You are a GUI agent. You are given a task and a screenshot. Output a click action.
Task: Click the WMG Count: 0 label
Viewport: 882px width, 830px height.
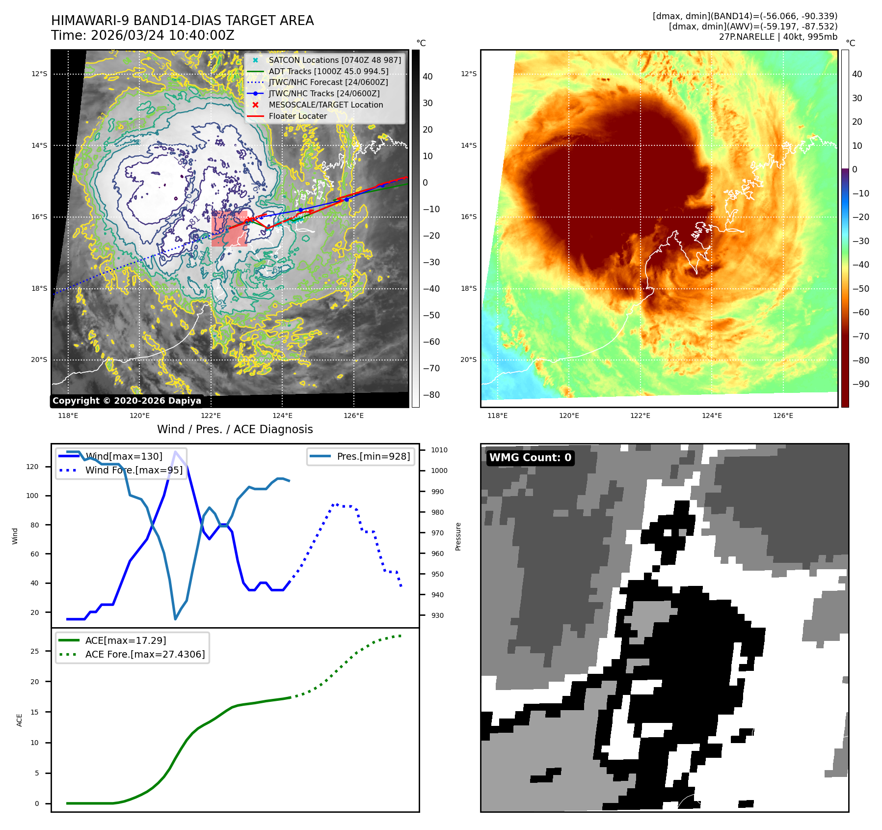[530, 458]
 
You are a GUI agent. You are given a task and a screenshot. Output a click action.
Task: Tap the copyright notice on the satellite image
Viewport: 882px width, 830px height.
[127, 401]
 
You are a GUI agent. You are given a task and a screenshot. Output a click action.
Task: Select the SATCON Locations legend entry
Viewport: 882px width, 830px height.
[334, 60]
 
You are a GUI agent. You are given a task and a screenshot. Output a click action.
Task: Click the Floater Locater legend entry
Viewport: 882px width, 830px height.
[297, 116]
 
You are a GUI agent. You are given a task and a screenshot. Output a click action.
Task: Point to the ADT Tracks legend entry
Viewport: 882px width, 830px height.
[328, 71]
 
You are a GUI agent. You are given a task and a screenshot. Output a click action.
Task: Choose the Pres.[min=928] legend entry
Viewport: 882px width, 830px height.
[373, 456]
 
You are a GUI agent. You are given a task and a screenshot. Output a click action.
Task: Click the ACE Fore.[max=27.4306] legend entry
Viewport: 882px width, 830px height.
[145, 654]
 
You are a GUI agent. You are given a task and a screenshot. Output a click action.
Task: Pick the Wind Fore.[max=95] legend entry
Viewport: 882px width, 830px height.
[134, 470]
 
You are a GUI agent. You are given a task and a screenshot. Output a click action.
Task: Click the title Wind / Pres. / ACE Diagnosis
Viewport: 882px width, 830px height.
[235, 429]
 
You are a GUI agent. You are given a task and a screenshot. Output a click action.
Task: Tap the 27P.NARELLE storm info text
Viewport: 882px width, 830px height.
[778, 37]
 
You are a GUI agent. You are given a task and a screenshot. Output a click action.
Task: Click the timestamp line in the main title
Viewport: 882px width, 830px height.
[143, 35]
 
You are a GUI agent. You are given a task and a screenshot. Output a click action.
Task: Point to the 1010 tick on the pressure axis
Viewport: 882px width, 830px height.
[439, 450]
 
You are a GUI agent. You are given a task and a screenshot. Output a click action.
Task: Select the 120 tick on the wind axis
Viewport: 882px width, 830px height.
[32, 467]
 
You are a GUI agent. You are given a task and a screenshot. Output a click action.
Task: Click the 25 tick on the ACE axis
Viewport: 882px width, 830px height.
[34, 651]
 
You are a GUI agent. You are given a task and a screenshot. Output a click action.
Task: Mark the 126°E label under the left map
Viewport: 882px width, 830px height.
[353, 415]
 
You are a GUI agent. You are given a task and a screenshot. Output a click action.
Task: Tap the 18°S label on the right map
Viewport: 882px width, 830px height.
[468, 288]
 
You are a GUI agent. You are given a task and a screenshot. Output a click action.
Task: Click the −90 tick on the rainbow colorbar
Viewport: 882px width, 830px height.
[860, 384]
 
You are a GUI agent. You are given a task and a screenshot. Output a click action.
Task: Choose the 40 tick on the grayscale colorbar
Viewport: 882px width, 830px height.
[428, 77]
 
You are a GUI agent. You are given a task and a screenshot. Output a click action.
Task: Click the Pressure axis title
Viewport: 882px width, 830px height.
[458, 536]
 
